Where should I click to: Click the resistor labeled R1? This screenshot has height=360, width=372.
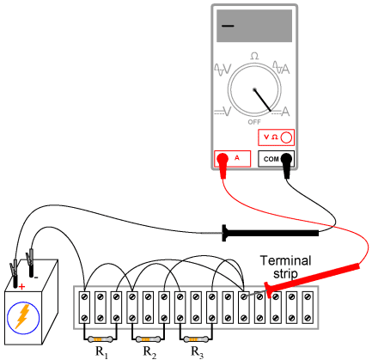(x=100, y=339)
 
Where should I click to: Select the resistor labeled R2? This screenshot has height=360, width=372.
(x=148, y=339)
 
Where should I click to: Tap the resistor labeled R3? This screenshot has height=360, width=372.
(x=196, y=339)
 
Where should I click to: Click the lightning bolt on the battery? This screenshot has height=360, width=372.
(x=22, y=316)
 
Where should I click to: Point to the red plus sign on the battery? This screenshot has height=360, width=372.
(x=21, y=286)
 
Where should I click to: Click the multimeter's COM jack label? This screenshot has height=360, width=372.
(x=271, y=159)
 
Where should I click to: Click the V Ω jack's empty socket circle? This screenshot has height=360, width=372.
(x=286, y=137)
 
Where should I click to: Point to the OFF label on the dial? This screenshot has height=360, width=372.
(x=254, y=122)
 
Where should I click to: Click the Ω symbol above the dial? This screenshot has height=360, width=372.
(x=254, y=56)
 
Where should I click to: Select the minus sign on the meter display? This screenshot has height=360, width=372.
(x=228, y=26)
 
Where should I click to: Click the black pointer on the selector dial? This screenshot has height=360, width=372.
(x=262, y=100)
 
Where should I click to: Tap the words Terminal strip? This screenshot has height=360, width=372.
(x=285, y=267)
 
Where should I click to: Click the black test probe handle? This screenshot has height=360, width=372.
(x=271, y=233)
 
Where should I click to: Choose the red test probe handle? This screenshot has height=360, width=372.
(x=312, y=280)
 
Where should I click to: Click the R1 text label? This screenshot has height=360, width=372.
(x=101, y=352)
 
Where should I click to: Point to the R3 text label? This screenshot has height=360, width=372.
(x=198, y=352)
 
